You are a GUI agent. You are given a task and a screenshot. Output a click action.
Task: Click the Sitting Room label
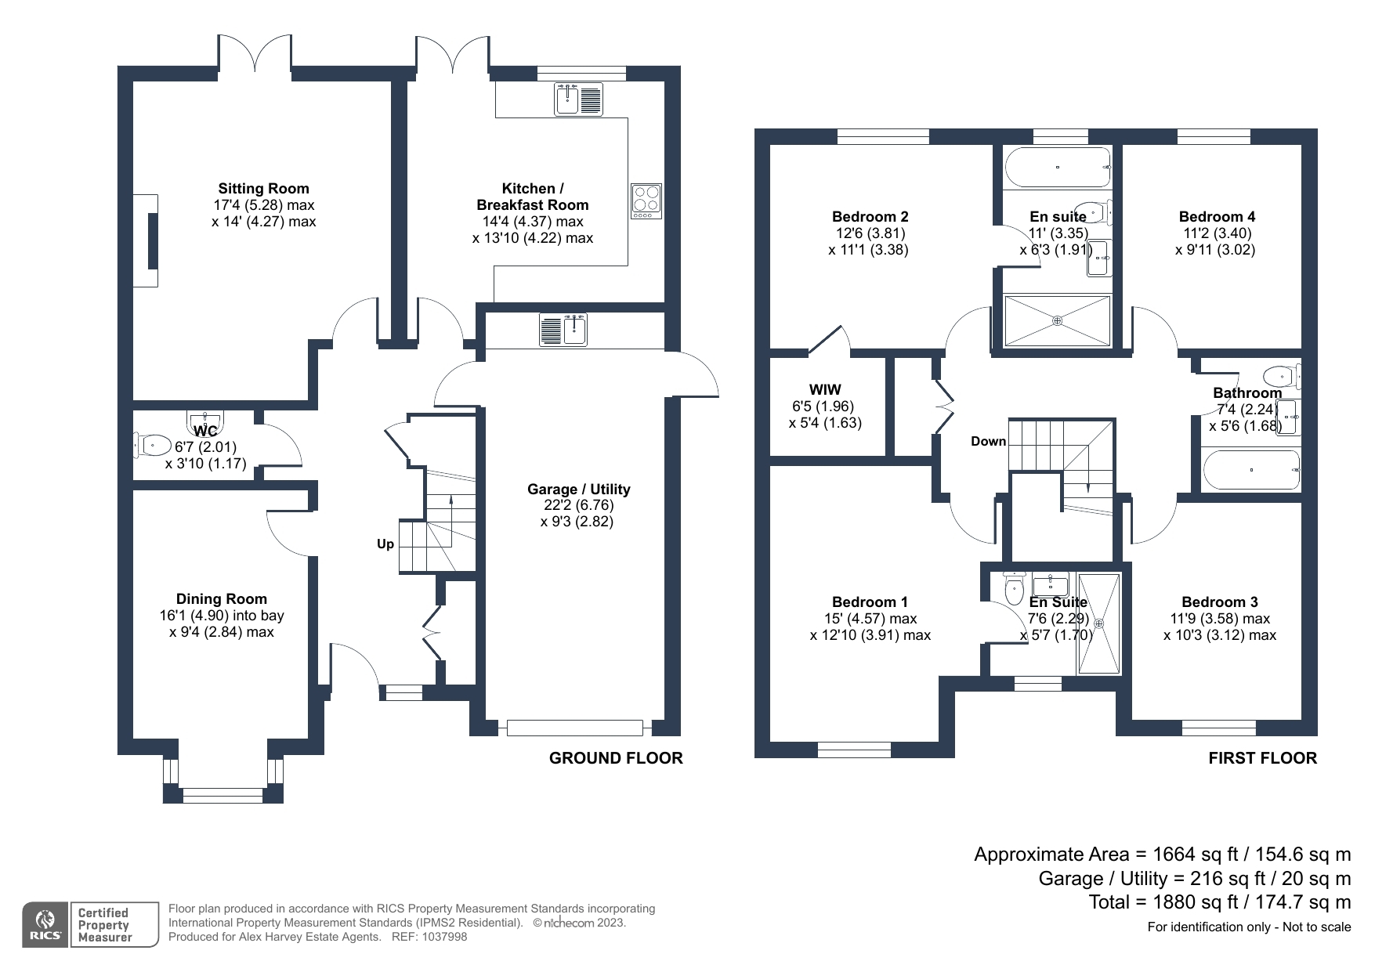pyautogui.click(x=263, y=188)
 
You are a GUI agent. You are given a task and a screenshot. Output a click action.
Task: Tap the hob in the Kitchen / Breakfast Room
pyautogui.click(x=646, y=201)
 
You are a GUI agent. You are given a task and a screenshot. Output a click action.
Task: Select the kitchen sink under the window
pyautogui.click(x=579, y=99)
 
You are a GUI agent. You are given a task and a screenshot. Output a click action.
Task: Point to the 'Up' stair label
pyautogui.click(x=385, y=544)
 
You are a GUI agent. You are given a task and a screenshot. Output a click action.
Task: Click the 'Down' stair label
pyautogui.click(x=988, y=441)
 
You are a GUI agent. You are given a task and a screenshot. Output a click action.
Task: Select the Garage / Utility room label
pyautogui.click(x=578, y=489)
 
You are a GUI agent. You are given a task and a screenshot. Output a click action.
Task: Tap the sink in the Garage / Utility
pyautogui.click(x=563, y=329)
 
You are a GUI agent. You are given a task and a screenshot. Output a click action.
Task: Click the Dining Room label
pyautogui.click(x=221, y=599)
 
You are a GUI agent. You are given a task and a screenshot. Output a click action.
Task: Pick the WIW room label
pyautogui.click(x=824, y=389)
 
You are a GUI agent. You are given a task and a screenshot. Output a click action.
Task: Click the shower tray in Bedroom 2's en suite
pyautogui.click(x=1057, y=320)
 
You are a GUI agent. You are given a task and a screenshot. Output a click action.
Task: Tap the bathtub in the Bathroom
pyautogui.click(x=1251, y=470)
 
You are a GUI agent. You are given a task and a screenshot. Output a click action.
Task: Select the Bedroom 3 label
pyautogui.click(x=1219, y=602)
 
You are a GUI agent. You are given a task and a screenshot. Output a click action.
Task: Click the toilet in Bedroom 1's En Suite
pyautogui.click(x=1014, y=588)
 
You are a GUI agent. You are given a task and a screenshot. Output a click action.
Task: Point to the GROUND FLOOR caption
pyautogui.click(x=616, y=758)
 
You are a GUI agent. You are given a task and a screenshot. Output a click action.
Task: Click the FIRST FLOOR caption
pyautogui.click(x=1262, y=758)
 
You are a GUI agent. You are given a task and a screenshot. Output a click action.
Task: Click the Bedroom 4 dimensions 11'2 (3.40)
pyautogui.click(x=1217, y=233)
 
